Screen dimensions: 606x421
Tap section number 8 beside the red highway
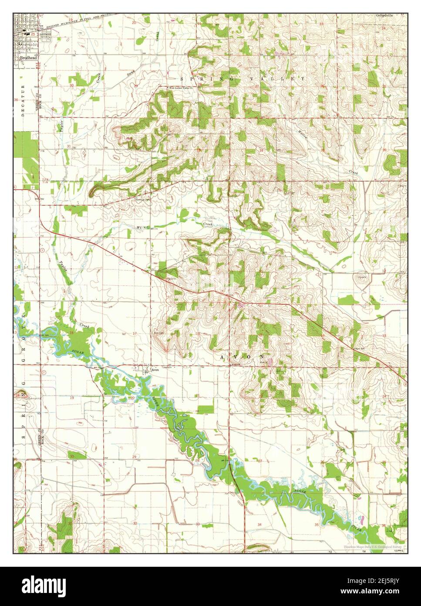pos(134,271)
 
